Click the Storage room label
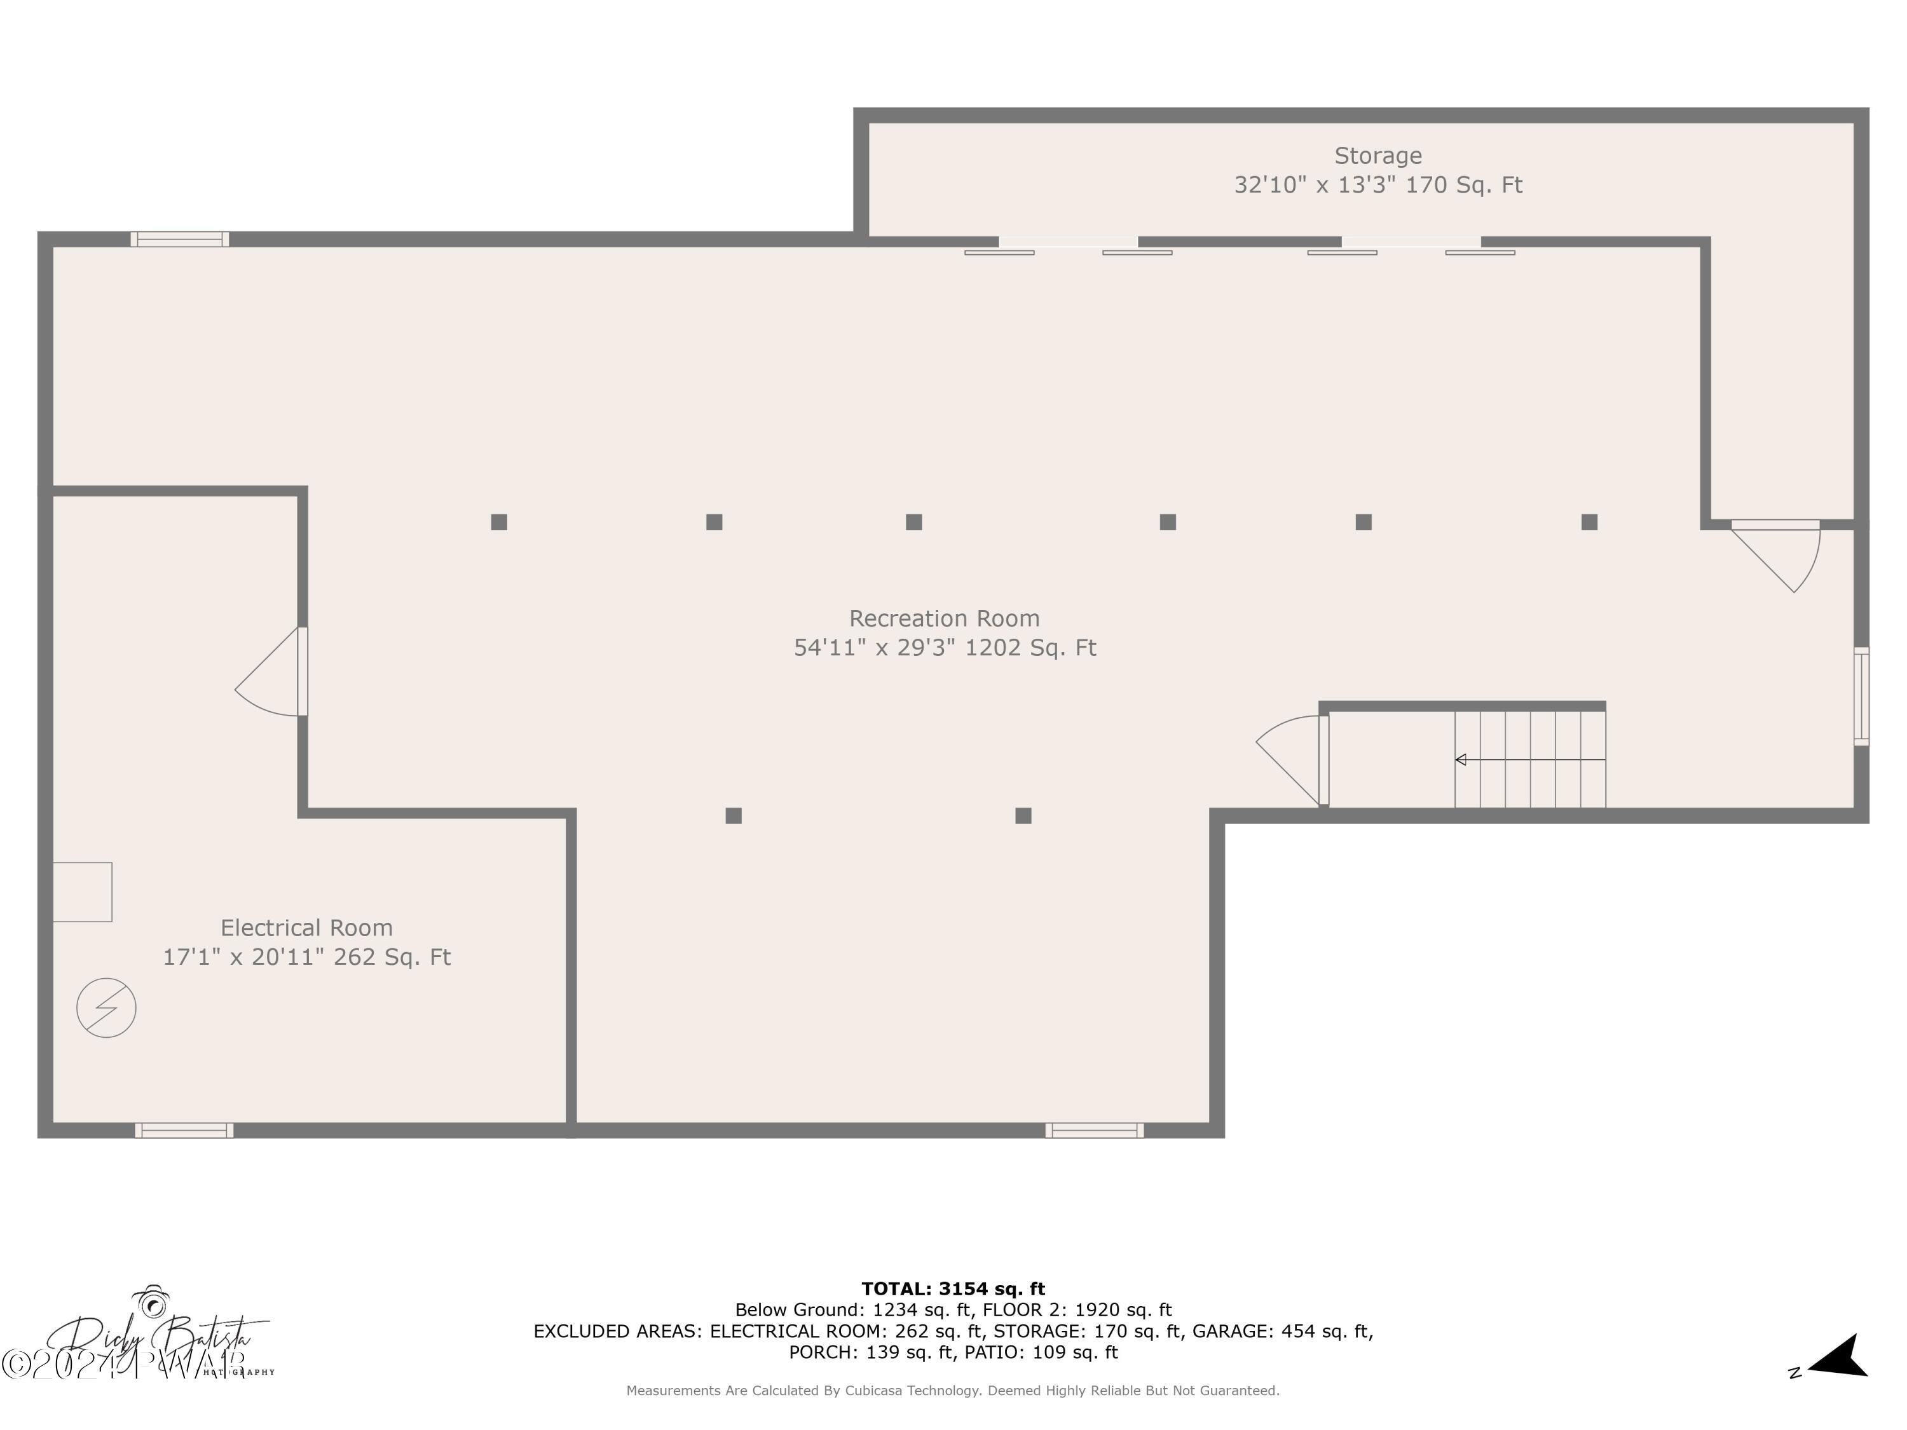point(1377,156)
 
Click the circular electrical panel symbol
point(106,1007)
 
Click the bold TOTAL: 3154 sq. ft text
point(953,1289)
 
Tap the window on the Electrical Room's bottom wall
point(184,1131)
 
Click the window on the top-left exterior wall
point(179,239)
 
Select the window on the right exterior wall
point(1861,697)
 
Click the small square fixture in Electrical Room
point(83,891)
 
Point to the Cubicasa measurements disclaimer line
point(953,1391)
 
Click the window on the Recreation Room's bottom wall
point(1094,1131)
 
